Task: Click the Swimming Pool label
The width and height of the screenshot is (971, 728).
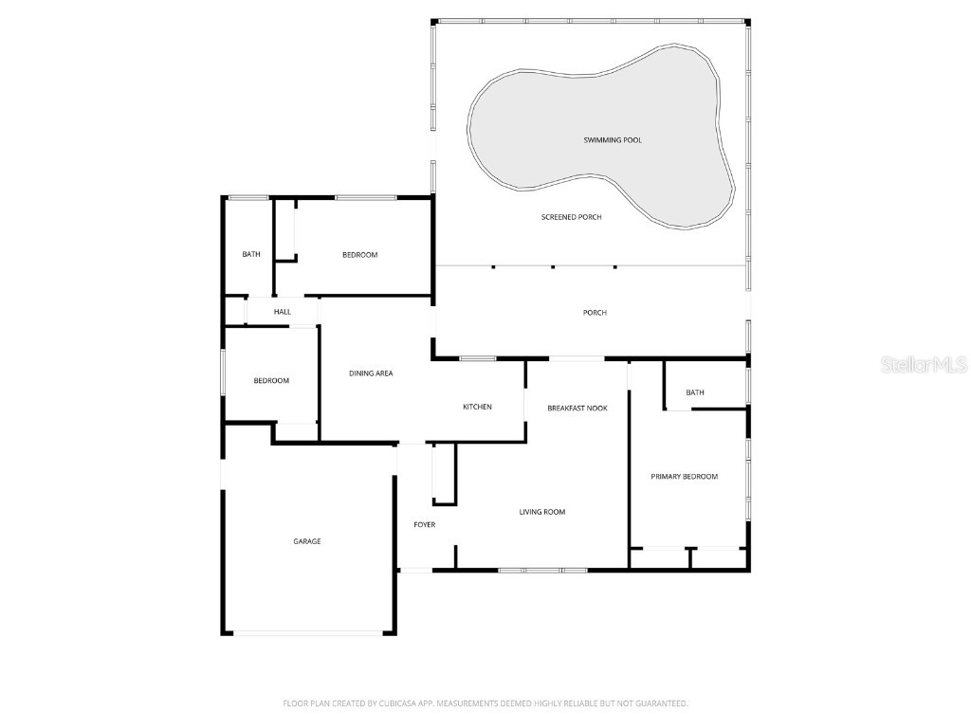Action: (x=612, y=140)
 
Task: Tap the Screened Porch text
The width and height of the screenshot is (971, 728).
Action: (x=571, y=217)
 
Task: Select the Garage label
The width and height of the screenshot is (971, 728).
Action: (x=306, y=541)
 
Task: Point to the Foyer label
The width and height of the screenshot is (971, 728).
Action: (x=424, y=524)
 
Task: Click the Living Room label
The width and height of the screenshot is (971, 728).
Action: (x=541, y=512)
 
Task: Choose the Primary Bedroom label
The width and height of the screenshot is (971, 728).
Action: (x=684, y=477)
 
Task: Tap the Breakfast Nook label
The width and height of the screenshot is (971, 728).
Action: (x=577, y=408)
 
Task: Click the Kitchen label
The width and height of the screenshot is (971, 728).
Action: (x=477, y=407)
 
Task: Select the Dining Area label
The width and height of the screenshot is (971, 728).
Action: (x=371, y=373)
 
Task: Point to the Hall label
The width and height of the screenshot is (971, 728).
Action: (x=283, y=312)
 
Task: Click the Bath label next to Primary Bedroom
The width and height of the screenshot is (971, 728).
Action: (x=695, y=392)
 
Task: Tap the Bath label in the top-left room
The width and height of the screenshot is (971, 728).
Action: (x=250, y=254)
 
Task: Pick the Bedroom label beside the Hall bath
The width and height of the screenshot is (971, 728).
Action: (x=359, y=254)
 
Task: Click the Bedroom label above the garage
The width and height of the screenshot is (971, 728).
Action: (x=270, y=381)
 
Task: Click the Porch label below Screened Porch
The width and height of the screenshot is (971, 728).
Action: (x=595, y=313)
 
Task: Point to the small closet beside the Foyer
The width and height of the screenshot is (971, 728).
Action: (x=444, y=474)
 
